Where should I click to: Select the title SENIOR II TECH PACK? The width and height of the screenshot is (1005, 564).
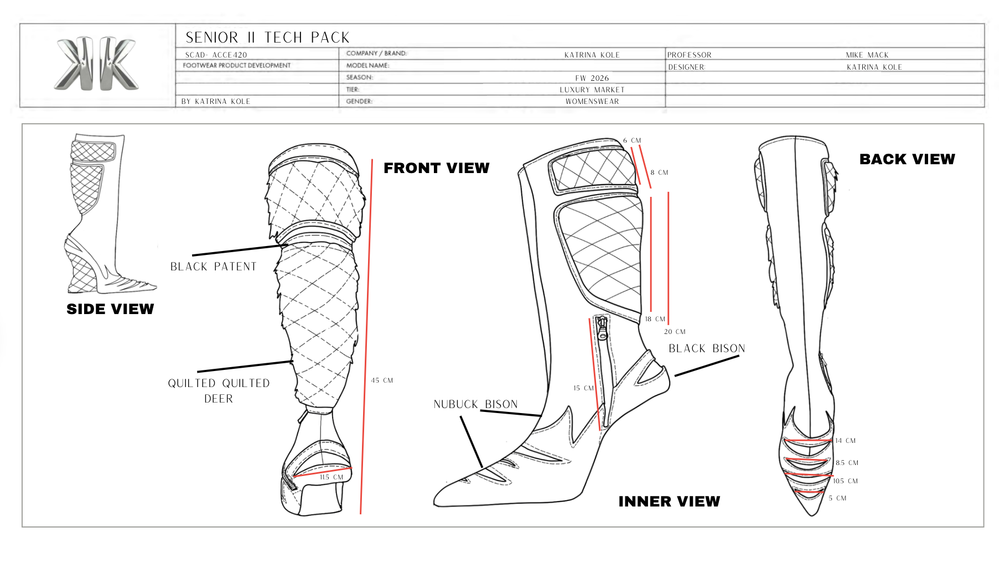[x=267, y=38]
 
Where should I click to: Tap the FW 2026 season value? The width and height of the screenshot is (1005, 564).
[x=592, y=78]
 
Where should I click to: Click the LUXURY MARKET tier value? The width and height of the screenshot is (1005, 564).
[x=592, y=90]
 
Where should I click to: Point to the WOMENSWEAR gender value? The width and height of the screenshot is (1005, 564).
[x=592, y=101]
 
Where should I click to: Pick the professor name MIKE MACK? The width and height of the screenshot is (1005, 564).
[x=867, y=55]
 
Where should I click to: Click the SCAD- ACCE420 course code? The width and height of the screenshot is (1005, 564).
[x=216, y=55]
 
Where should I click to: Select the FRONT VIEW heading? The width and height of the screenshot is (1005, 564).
[x=436, y=168]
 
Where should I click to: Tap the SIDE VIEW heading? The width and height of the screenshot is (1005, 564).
[x=110, y=309]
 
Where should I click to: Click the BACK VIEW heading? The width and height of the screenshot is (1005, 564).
[x=907, y=159]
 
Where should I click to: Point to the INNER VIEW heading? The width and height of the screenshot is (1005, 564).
[x=669, y=502]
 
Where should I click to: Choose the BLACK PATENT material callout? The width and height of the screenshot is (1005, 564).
[x=213, y=267]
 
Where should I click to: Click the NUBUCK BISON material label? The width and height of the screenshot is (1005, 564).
[x=475, y=404]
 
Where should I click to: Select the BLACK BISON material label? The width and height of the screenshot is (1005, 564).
[x=707, y=348]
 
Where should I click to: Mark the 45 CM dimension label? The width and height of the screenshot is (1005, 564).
[x=382, y=380]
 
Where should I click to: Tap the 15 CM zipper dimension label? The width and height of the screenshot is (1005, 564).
[x=583, y=388]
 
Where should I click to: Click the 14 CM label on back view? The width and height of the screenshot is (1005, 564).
[x=845, y=441]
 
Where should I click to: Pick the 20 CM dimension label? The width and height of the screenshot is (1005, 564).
[x=675, y=332]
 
